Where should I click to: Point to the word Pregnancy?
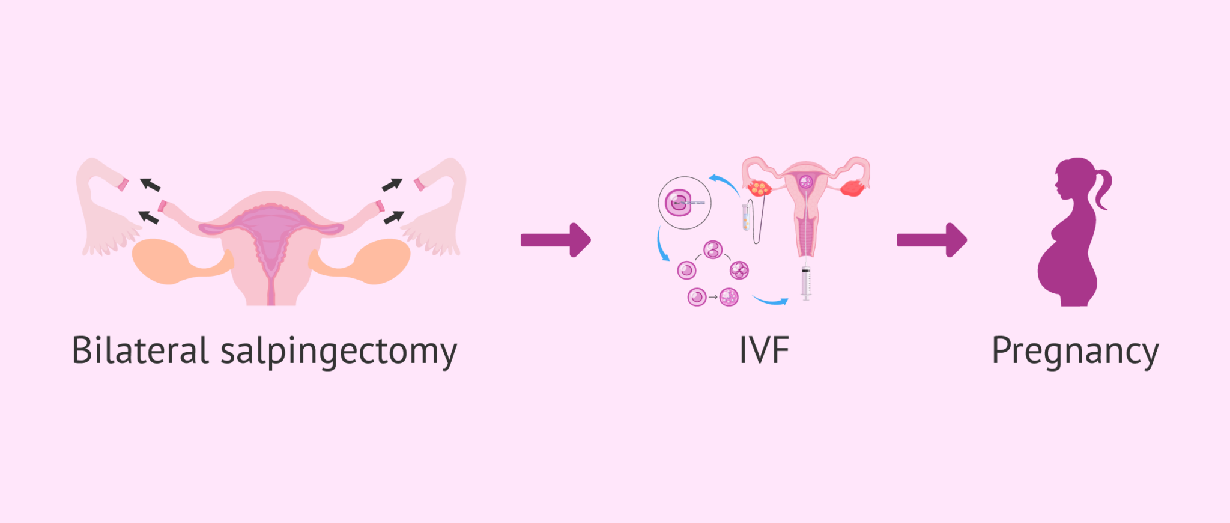[x=1074, y=352]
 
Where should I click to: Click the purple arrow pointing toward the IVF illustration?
[x=556, y=240]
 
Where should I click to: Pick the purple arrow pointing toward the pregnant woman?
[x=932, y=240]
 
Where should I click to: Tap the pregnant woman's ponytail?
[x=1103, y=186]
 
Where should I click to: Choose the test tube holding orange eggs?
[x=745, y=217]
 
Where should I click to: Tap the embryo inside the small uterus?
[x=805, y=181]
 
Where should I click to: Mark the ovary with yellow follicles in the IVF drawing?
[x=760, y=188]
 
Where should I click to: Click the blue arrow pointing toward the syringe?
[x=770, y=300]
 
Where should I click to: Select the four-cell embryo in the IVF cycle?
[x=739, y=270]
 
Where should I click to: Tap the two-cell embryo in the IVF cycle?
[x=713, y=249]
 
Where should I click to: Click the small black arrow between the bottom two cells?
[x=713, y=297]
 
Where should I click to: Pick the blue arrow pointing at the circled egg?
[x=724, y=182]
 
